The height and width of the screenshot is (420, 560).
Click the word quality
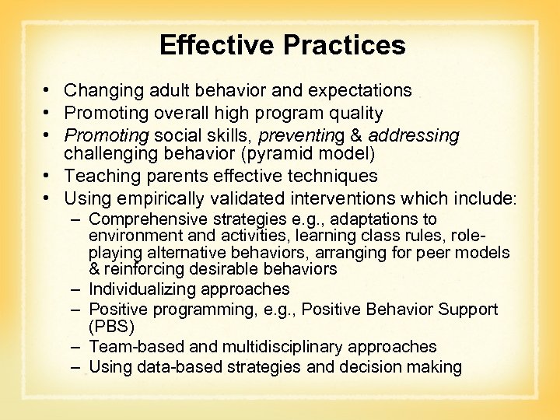[x=355, y=114]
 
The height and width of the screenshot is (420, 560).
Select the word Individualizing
[x=144, y=289]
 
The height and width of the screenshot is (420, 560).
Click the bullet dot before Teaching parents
[x=49, y=177]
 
